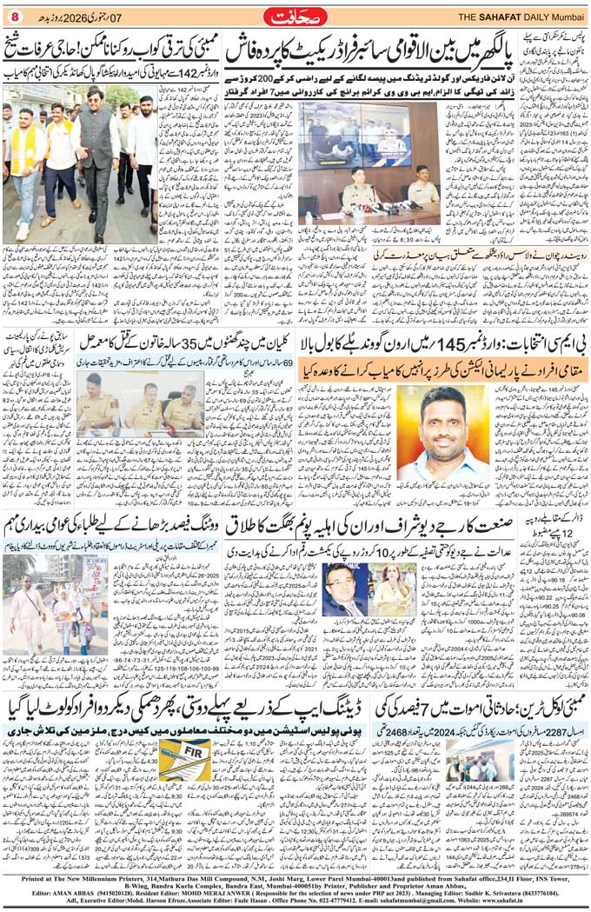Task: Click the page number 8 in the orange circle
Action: pos(14,15)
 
